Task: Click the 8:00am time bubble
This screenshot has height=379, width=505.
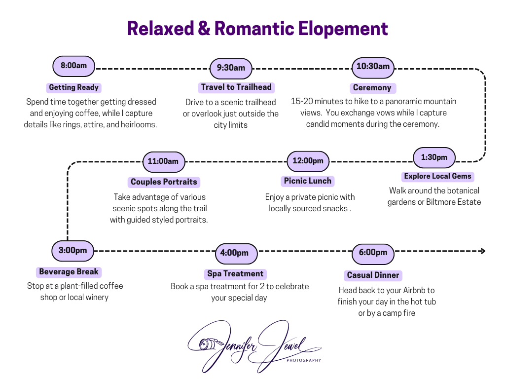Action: point(74,66)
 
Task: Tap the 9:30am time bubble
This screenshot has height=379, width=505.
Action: point(231,68)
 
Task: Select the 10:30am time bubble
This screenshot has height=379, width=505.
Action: point(373,68)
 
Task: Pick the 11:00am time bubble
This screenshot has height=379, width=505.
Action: point(164,162)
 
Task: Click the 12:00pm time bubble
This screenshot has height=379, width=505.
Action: point(308,161)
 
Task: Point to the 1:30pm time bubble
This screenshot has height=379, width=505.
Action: point(434,157)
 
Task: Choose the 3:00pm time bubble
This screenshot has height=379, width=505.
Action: point(73,251)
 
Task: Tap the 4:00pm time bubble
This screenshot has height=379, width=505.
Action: point(236,254)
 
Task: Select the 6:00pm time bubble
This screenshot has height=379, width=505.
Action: point(373,254)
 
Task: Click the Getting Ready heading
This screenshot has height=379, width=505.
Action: point(74,88)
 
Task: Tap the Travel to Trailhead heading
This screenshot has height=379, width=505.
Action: point(236,87)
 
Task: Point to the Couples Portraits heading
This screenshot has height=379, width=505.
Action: point(164,182)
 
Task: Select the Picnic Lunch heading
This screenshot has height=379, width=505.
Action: point(308,181)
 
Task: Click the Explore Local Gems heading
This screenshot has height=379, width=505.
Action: point(438,177)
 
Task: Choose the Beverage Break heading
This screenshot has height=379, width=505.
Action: point(69,272)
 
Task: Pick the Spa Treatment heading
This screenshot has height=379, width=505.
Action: point(235,274)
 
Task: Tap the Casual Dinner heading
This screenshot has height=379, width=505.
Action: point(373,275)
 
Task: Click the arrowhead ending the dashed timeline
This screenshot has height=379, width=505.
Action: point(483,251)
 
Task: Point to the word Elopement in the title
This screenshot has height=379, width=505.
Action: point(343,29)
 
